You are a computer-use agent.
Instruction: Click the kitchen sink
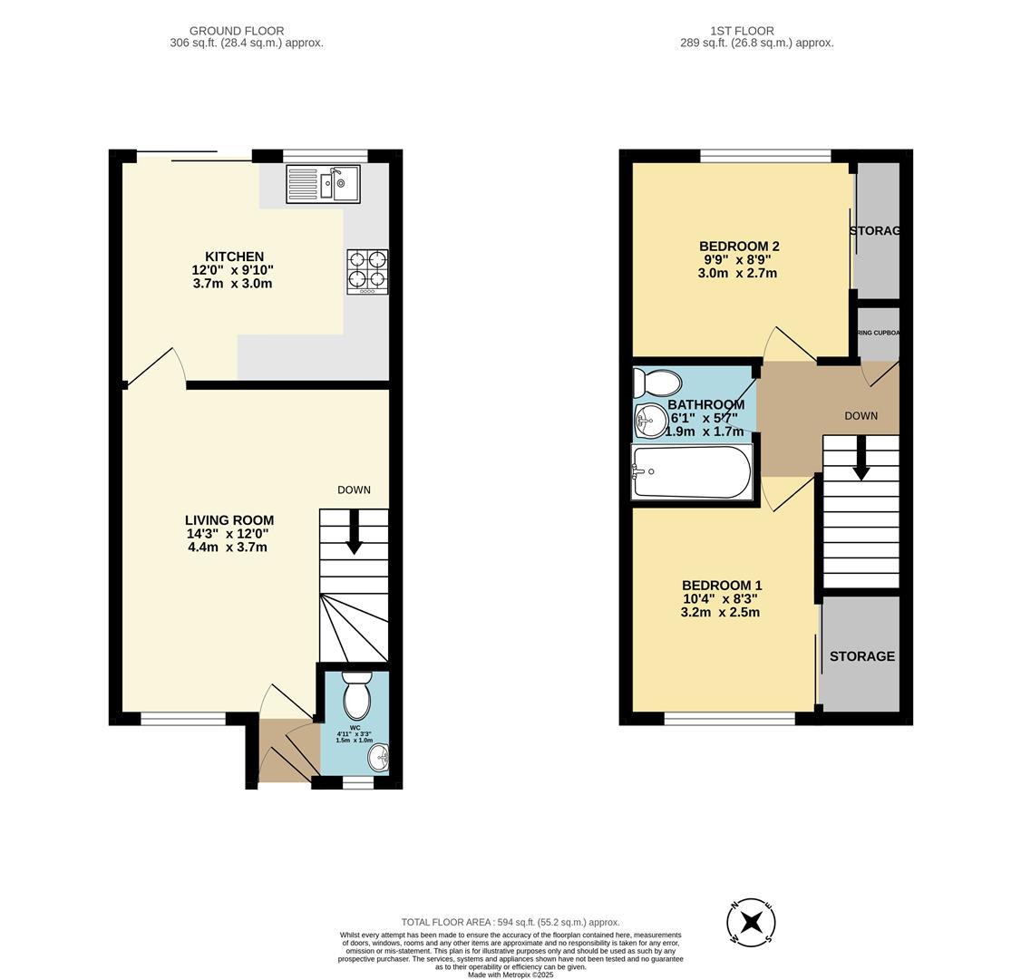[x=323, y=184]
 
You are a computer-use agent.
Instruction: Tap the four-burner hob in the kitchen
[x=367, y=271]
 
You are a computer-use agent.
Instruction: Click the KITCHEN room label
[x=234, y=257]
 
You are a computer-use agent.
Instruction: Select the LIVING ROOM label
[x=229, y=520]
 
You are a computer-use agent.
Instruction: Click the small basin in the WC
[x=380, y=757]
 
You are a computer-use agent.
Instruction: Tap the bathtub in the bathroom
[x=692, y=471]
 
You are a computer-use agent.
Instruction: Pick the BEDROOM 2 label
[x=739, y=247]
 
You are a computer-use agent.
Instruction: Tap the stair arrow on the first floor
[x=861, y=459]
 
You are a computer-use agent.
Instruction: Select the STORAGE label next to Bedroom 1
[x=861, y=656]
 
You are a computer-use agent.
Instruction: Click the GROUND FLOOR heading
[x=237, y=31]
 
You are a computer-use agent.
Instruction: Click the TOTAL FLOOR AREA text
[x=510, y=922]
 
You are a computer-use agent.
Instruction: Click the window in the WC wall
[x=358, y=782]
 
